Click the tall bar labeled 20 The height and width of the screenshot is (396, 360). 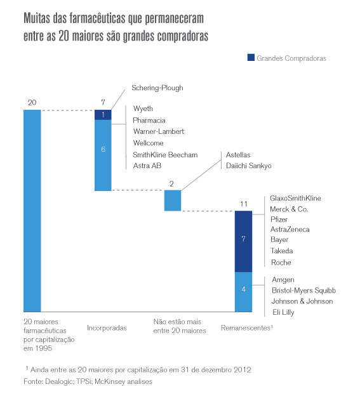tap(32, 210)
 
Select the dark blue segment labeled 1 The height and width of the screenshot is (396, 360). tap(103, 115)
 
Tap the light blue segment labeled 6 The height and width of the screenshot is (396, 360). tap(103, 155)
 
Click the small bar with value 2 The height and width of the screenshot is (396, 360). tap(173, 201)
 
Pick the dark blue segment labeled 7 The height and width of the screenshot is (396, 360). tap(244, 241)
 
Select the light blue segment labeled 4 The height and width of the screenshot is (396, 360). tap(244, 291)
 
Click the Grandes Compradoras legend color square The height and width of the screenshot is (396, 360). tap(251, 58)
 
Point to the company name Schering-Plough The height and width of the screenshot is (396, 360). tap(157, 88)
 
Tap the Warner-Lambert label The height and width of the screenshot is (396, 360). tap(158, 131)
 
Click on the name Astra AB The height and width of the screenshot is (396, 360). tap(147, 166)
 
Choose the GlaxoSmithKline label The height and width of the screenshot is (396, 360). tap(295, 198)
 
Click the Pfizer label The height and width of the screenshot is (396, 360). tap(279, 219)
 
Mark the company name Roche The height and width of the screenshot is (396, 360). tap(281, 262)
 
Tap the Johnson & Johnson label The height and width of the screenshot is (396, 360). tap(302, 301)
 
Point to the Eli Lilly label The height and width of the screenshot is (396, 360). tap(283, 312)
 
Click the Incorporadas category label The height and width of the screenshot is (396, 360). tap(107, 329)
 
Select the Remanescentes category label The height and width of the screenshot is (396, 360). tap(246, 329)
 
